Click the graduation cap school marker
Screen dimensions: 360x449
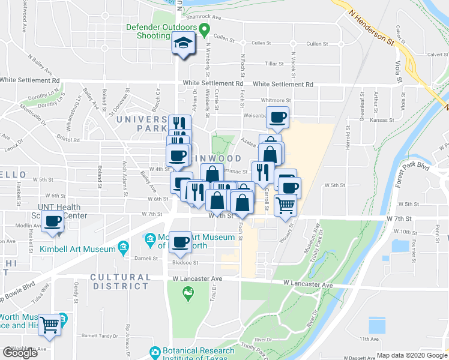click(182, 43)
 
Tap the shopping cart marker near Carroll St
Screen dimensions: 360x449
click(285, 205)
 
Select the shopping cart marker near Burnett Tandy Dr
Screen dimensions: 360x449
click(50, 325)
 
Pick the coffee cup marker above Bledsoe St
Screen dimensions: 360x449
click(180, 242)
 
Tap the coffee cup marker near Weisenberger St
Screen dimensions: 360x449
click(277, 117)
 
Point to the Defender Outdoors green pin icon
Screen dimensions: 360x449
click(204, 28)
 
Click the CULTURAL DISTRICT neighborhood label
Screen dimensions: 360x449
click(120, 282)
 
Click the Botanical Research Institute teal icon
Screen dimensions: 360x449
click(155, 352)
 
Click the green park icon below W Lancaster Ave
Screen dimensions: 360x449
click(188, 293)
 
